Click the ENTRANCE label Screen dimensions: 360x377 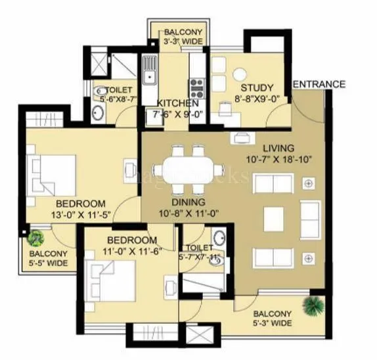[319, 84]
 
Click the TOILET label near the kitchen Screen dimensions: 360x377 [120, 89]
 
